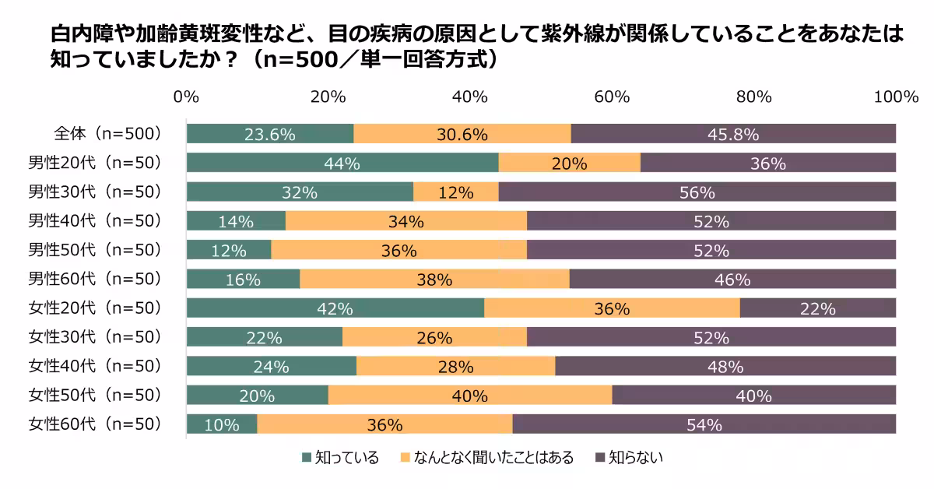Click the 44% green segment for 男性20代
342,163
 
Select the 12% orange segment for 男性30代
455,192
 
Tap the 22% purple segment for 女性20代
817,308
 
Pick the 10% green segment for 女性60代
222,424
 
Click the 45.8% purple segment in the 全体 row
733,134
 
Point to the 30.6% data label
462,134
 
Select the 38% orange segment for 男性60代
434,279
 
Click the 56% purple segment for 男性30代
697,192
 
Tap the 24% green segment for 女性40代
271,366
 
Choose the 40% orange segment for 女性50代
469,396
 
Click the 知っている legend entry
340,458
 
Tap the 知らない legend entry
629,458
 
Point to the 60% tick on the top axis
612,97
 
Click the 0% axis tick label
186,97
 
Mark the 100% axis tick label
896,97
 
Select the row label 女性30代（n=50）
95,336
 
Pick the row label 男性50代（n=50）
95,249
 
